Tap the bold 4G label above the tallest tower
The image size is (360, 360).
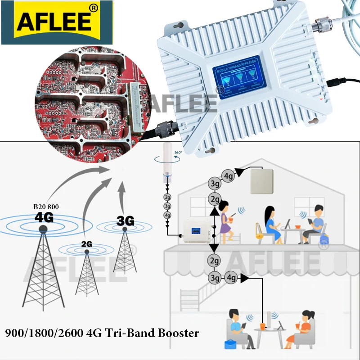[x=44, y=218]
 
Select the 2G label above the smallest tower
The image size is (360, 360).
[x=87, y=244]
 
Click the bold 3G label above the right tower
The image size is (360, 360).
[x=125, y=221]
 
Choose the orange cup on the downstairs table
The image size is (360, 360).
[x=262, y=324]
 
